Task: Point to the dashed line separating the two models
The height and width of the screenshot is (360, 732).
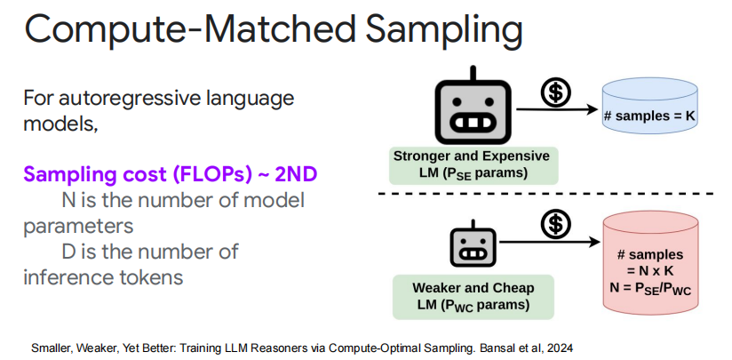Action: (x=551, y=194)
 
